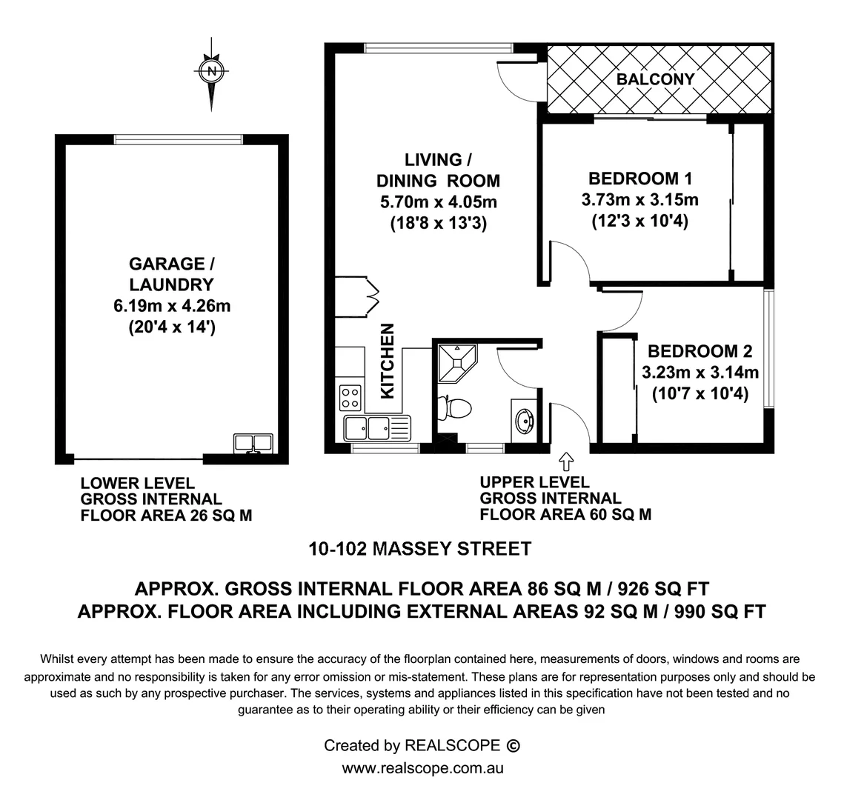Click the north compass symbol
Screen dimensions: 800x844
pos(213,72)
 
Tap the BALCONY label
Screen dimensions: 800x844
pos(655,79)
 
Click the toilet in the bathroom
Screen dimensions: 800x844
pos(455,408)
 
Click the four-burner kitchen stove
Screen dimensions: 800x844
pos(350,398)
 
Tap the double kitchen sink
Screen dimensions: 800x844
pos(376,427)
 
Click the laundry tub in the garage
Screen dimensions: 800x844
pos(253,443)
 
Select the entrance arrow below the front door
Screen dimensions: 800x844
pos(568,463)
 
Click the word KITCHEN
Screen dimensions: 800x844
pos(388,361)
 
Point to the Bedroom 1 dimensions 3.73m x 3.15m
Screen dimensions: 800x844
pos(640,200)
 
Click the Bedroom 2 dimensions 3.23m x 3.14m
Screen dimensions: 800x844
pos(700,373)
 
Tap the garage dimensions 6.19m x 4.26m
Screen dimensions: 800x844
pos(171,306)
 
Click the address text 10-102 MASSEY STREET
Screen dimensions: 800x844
pos(419,550)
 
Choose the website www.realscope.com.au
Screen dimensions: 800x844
pos(422,768)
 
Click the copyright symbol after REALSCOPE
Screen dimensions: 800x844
pos(512,745)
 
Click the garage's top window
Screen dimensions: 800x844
pos(178,139)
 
